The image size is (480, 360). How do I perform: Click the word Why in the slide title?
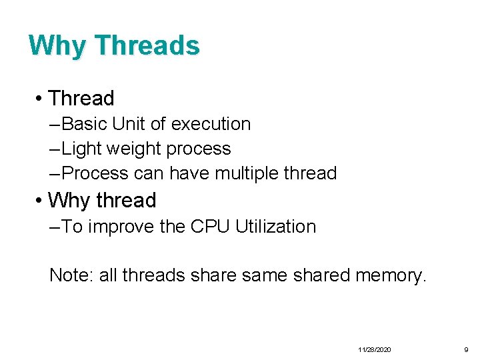(57, 45)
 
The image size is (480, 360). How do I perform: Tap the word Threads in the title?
(147, 45)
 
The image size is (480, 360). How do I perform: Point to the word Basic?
(85, 124)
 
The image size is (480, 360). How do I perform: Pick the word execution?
(211, 124)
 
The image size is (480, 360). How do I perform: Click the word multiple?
(246, 173)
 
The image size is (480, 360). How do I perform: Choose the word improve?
(121, 227)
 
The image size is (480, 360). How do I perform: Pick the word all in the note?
(107, 275)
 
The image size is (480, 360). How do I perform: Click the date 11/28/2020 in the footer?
(375, 349)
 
